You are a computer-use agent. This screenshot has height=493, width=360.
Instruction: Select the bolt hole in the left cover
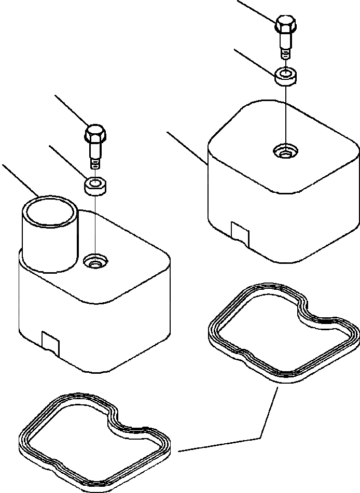[x=95, y=262]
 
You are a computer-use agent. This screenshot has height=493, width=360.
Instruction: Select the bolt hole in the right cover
[x=285, y=152]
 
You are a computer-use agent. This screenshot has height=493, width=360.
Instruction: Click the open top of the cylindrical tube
[x=50, y=212]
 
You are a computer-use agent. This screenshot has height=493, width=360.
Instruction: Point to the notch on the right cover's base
[x=240, y=231]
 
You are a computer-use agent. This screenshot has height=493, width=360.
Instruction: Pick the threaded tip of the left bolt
[x=94, y=163]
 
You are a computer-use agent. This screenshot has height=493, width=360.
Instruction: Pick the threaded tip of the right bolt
[x=285, y=53]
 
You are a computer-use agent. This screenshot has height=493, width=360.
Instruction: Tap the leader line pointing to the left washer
[x=67, y=161]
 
